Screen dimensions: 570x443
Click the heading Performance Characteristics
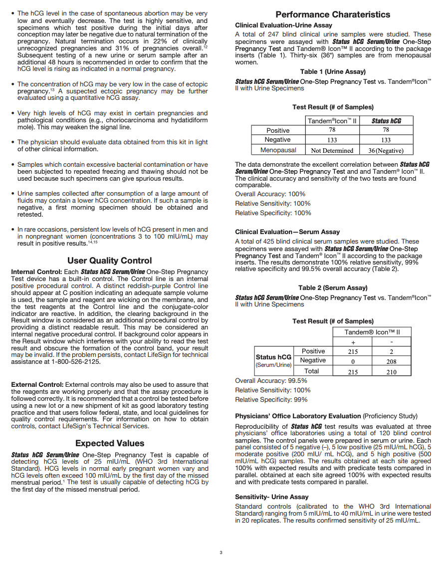click(333, 14)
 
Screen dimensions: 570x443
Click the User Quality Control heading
click(110, 261)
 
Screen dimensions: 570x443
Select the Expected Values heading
click(110, 443)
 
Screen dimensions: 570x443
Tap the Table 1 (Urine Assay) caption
click(333, 72)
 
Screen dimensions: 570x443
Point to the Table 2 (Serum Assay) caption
click(333, 288)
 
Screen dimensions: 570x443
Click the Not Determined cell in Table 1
click(332, 150)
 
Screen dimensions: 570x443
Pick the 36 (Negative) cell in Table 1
click(386, 150)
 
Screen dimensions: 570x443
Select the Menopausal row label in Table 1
click(278, 150)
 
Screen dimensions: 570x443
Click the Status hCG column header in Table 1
click(386, 121)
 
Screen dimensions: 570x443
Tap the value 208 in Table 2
click(391, 361)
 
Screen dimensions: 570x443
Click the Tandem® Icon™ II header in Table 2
click(372, 332)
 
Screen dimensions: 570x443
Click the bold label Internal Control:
click(36, 272)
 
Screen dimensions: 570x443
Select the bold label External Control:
click(37, 385)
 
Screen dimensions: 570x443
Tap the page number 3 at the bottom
click(221, 553)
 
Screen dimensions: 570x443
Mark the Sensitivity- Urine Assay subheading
click(272, 497)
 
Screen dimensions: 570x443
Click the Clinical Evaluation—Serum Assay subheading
click(287, 232)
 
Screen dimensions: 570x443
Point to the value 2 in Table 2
click(391, 352)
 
